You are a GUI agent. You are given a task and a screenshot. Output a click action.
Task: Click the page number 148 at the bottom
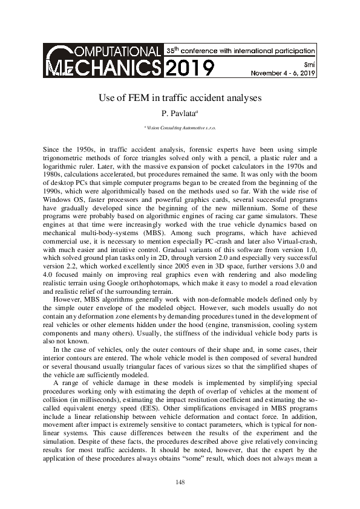pos(180,482)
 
